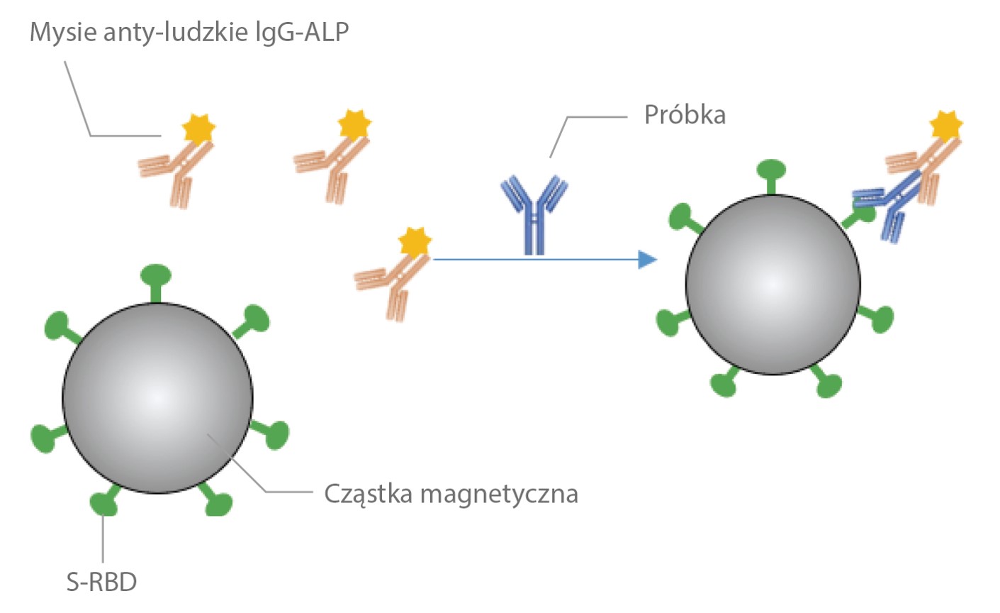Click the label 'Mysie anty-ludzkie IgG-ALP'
click(189, 33)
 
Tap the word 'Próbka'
click(685, 115)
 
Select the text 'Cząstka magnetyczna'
click(451, 493)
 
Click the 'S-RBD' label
click(101, 582)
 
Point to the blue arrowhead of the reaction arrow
click(646, 260)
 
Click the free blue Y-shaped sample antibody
click(534, 213)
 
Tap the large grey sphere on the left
click(157, 397)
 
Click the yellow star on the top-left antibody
click(198, 128)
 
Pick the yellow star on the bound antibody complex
click(946, 126)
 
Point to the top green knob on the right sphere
click(771, 170)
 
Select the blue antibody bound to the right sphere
click(886, 206)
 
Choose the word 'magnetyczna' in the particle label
click(499, 493)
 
